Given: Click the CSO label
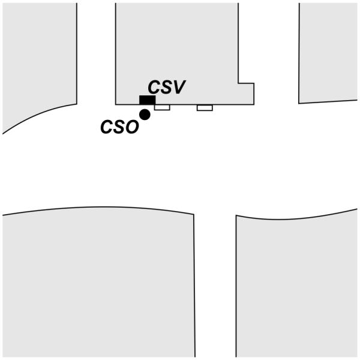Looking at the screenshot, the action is (x=119, y=127).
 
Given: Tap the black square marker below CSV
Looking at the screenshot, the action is (x=147, y=100).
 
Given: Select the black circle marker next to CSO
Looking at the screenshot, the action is (x=145, y=114).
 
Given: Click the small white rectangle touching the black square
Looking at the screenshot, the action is (x=162, y=107).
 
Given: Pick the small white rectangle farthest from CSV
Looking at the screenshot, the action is (x=205, y=108).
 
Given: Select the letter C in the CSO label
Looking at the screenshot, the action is (x=107, y=127).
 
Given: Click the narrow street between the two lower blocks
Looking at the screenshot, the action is (x=215, y=288).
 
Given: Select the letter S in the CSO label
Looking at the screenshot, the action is (x=119, y=127).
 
